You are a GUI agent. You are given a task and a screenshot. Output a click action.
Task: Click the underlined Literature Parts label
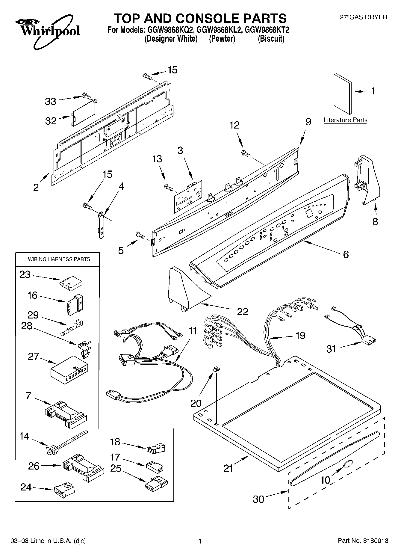point(345,120)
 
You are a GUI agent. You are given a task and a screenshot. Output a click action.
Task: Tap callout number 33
point(50,102)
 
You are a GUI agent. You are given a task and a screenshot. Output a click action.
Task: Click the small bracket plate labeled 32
point(84,111)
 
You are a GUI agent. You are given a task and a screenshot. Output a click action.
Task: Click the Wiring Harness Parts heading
point(59,259)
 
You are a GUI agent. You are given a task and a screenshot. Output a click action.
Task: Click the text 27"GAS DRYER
point(363,17)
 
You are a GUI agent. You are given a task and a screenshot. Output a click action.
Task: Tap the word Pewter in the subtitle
point(222,39)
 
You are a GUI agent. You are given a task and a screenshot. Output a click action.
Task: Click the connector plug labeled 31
point(368,341)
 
